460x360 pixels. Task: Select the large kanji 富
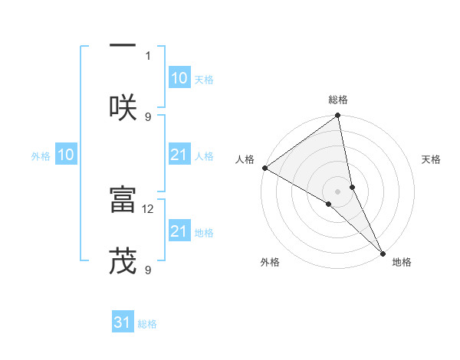click(123, 199)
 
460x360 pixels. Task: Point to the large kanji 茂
click(123, 260)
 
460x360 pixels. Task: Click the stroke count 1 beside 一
click(148, 55)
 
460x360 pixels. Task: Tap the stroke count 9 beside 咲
click(148, 116)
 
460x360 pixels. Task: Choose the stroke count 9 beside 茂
click(148, 270)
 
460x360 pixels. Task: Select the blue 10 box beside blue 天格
click(179, 78)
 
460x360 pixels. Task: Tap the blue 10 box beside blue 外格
click(66, 155)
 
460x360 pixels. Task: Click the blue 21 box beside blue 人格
click(179, 155)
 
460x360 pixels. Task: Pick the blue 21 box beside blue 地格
click(179, 231)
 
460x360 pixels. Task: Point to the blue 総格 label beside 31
click(147, 324)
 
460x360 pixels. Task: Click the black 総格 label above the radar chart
click(338, 100)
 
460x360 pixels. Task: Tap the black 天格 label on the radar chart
click(432, 159)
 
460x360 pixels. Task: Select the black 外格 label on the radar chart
click(270, 262)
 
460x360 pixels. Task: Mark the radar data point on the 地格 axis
click(382, 252)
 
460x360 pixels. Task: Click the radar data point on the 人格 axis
click(264, 168)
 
